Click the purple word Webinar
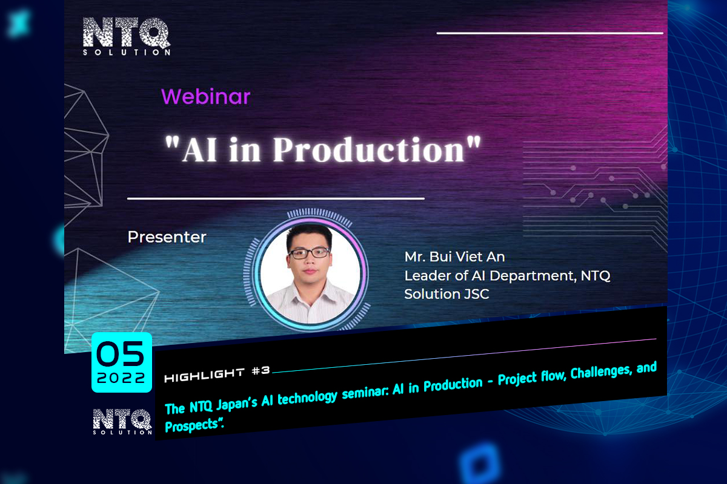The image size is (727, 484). (205, 97)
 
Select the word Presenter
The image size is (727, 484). (167, 237)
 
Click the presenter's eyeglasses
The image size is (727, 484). (310, 253)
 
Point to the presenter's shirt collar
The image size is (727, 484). (311, 293)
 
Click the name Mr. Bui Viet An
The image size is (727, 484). (454, 257)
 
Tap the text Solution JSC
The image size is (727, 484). (446, 294)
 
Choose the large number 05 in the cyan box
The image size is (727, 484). (121, 354)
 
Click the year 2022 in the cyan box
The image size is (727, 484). (121, 378)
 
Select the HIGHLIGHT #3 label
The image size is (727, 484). (217, 374)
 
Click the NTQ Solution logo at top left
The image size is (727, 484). (127, 36)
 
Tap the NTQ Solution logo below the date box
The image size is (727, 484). (122, 422)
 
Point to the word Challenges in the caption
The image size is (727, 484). (601, 372)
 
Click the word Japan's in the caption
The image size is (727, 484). (237, 404)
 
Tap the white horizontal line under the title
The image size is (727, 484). (276, 198)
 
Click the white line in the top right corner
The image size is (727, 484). (550, 33)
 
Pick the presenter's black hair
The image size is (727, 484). (310, 234)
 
